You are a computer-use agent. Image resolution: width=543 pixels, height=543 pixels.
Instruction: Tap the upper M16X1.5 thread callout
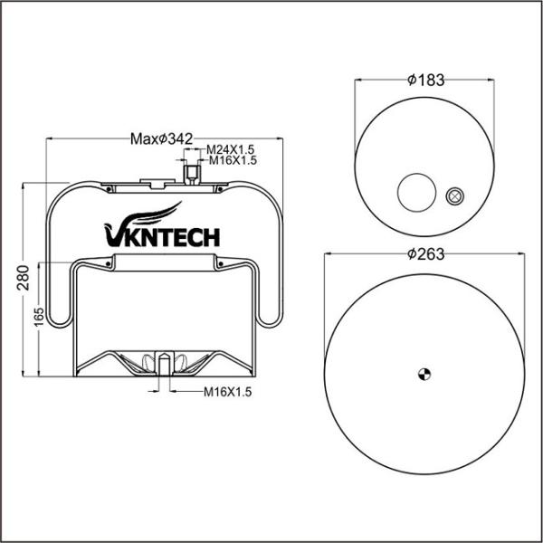tap(233, 160)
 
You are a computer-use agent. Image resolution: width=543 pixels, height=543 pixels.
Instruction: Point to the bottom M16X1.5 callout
tap(225, 392)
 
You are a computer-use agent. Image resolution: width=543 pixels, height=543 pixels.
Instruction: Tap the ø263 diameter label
tap(425, 253)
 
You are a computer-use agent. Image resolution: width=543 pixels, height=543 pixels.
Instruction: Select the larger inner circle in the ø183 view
tap(416, 191)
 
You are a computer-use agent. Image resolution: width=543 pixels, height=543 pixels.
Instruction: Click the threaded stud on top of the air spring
tap(191, 171)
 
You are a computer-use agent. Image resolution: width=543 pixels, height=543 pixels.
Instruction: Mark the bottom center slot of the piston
tap(164, 363)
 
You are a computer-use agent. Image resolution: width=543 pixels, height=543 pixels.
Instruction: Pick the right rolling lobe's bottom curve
tap(267, 321)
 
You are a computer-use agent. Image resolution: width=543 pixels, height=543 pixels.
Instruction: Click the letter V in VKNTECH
tap(114, 237)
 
